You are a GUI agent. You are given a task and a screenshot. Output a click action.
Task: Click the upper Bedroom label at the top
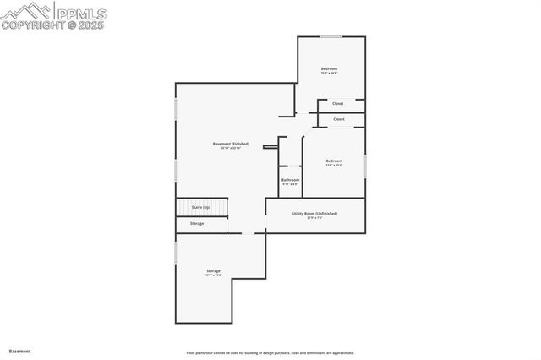(329, 68)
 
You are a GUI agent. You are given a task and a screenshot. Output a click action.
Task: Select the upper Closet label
(337, 104)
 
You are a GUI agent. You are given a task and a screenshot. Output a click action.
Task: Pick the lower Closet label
(338, 119)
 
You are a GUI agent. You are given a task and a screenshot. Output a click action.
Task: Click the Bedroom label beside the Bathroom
(335, 161)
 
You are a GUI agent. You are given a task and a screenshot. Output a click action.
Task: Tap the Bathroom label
(290, 179)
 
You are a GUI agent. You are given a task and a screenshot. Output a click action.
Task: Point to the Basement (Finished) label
(230, 144)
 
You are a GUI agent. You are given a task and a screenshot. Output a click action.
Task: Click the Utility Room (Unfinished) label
(314, 214)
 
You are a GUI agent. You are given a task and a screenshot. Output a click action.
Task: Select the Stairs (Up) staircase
(201, 207)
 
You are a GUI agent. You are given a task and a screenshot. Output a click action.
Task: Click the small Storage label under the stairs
(196, 223)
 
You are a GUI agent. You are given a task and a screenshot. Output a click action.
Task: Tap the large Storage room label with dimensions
(212, 270)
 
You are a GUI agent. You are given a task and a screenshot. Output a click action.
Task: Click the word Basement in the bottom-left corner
(19, 350)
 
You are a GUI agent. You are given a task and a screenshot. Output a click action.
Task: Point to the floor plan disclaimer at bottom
(270, 352)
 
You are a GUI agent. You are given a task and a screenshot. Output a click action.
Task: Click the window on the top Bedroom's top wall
(330, 36)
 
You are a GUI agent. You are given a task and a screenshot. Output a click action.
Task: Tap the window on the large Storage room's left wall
(176, 251)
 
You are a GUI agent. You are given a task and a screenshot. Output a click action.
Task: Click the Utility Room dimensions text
(314, 218)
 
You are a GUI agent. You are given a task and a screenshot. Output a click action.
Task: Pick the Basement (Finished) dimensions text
(230, 149)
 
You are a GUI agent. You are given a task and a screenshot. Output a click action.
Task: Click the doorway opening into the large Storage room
(248, 232)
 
